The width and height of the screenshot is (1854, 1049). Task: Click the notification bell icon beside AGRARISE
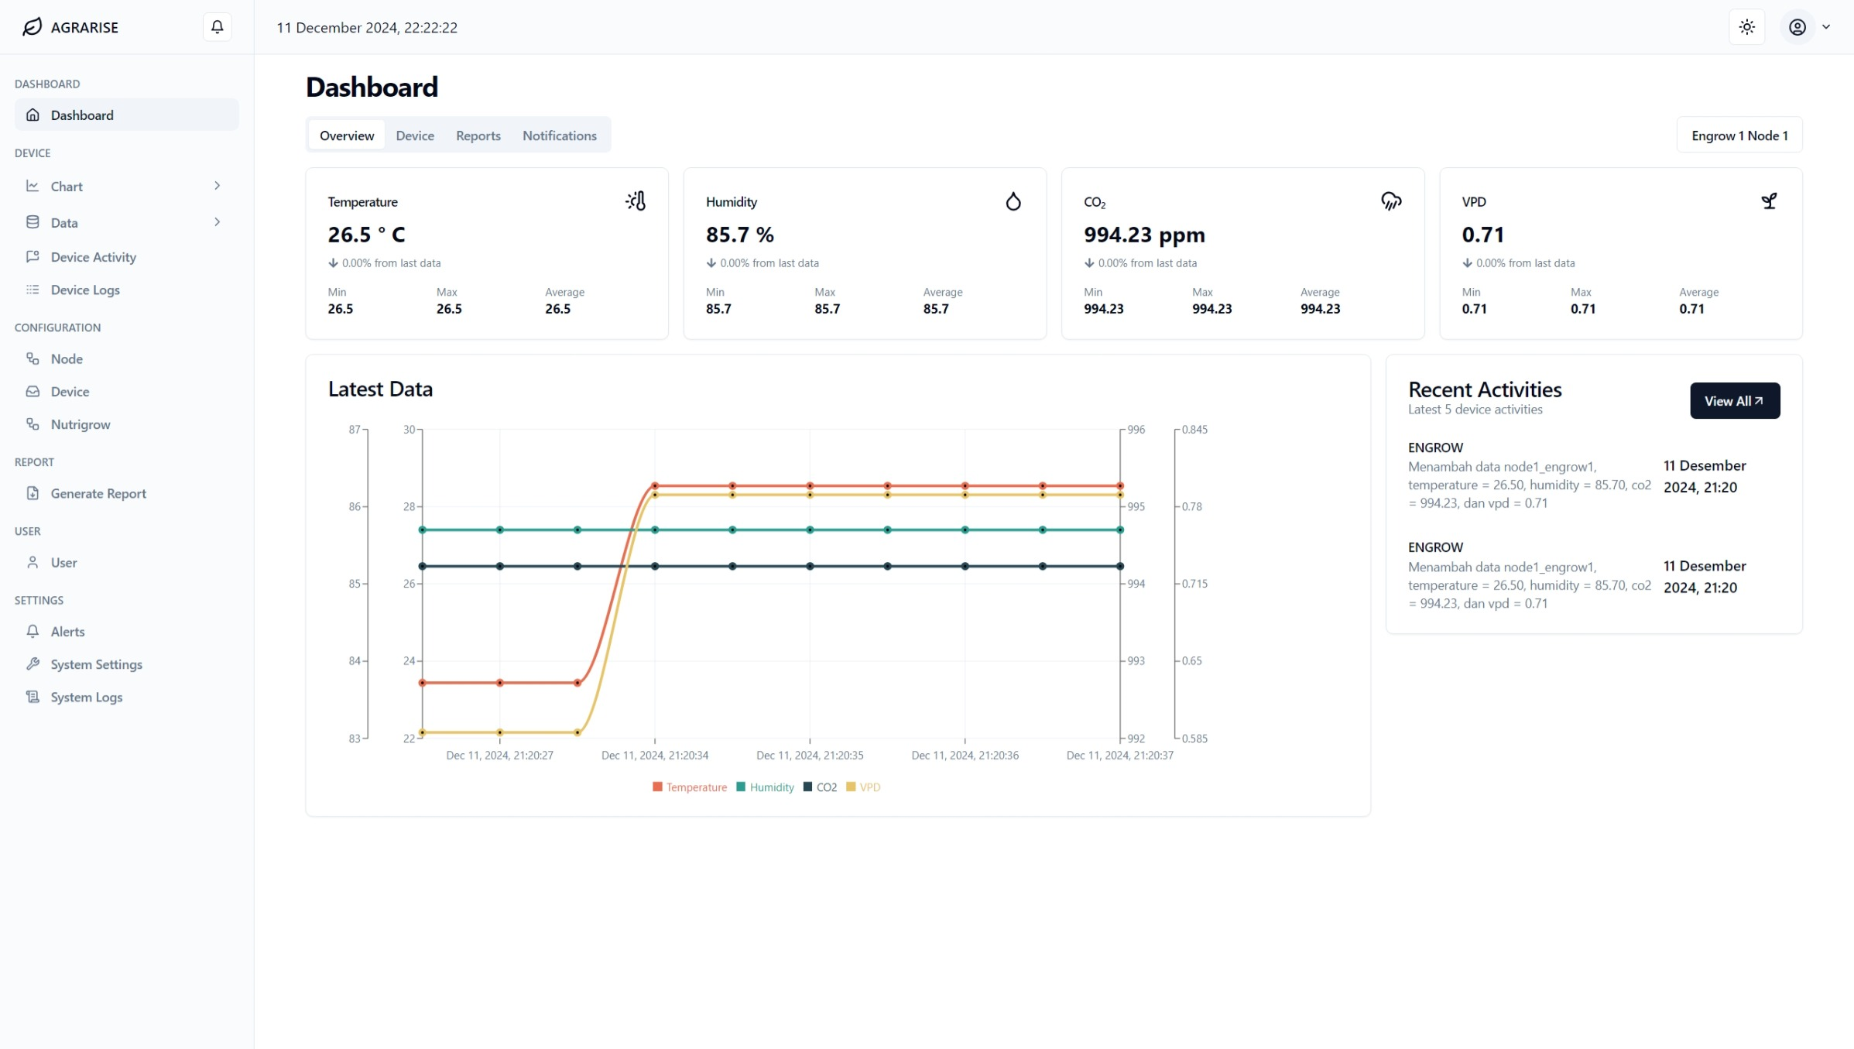[217, 27]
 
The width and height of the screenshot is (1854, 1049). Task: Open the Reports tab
[478, 135]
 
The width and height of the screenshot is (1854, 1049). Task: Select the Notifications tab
[559, 135]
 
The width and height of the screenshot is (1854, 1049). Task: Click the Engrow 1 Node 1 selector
[1739, 135]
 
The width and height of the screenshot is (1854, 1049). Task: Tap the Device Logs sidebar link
[85, 290]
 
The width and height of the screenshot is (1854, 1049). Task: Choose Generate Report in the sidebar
[98, 494]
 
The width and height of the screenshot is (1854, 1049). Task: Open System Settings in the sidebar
[96, 665]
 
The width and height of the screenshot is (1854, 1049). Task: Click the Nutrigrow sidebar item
[81, 425]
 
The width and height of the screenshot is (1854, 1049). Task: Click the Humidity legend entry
[765, 787]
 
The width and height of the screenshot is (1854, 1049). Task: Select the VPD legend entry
[863, 787]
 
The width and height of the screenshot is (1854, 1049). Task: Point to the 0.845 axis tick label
[1194, 430]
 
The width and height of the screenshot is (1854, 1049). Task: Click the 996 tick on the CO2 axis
[1136, 430]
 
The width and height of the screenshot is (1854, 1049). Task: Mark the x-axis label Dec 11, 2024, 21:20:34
[654, 756]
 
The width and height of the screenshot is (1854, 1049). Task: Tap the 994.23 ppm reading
[1144, 235]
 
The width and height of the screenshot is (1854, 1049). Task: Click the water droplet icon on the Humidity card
[1013, 201]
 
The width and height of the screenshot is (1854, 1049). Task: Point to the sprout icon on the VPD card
[1769, 201]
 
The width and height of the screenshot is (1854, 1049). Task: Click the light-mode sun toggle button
[1746, 27]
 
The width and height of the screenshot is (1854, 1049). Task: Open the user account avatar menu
[1807, 27]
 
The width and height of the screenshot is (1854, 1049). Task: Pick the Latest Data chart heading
[380, 389]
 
